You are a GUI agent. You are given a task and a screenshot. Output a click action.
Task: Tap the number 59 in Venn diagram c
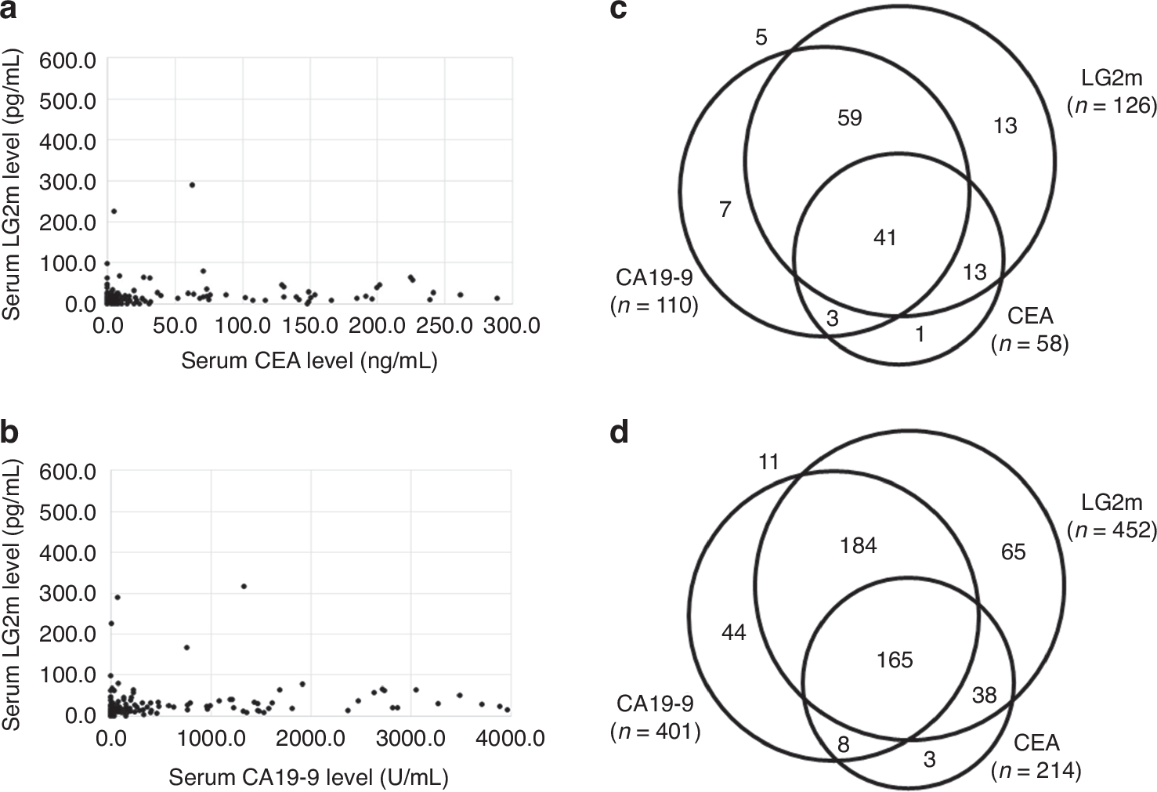coord(850,118)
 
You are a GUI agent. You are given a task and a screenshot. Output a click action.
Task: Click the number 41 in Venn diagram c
coord(884,237)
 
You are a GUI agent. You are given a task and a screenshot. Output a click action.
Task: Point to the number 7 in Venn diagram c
coord(725,210)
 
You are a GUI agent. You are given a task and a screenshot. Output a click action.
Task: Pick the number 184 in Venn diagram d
coord(858,545)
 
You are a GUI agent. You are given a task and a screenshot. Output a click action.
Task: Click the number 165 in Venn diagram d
coord(895,660)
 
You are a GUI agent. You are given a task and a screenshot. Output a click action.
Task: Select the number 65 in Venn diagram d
coord(1013,552)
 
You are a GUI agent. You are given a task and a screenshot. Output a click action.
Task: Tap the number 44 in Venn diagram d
coord(733,632)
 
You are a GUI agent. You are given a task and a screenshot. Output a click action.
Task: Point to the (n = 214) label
coord(1036,771)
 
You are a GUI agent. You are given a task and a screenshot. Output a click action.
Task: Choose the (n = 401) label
coord(655,732)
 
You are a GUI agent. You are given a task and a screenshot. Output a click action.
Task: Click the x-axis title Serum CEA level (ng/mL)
coord(309,360)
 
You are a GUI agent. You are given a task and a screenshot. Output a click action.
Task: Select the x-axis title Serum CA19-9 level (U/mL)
coord(309,776)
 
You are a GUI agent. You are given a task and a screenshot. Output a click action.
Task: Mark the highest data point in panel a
coord(192,185)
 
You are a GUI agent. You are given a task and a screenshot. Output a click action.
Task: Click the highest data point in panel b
coord(244,586)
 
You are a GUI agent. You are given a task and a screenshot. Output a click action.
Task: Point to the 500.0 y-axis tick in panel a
coord(68,100)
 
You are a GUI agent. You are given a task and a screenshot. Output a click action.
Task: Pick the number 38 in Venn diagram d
coord(984,695)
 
